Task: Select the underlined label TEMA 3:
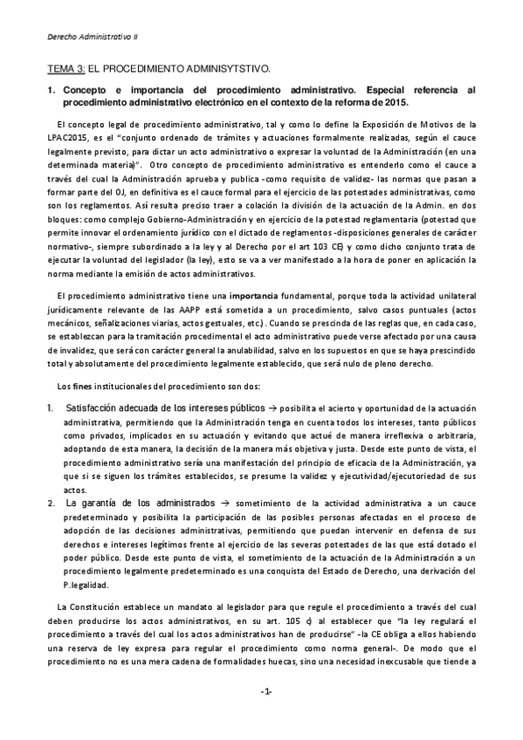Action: pyautogui.click(x=66, y=68)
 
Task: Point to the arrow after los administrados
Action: pyautogui.click(x=222, y=504)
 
